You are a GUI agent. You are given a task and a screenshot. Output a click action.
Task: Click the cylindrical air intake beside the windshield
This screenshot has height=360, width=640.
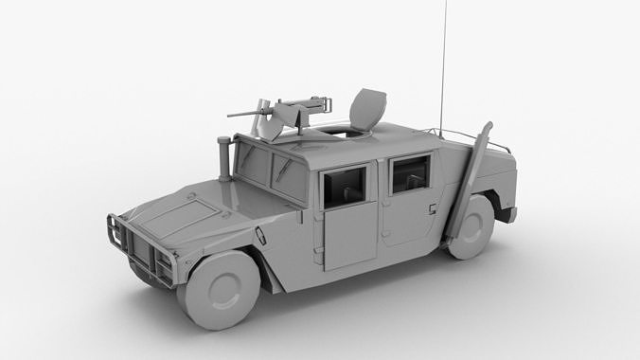click(224, 157)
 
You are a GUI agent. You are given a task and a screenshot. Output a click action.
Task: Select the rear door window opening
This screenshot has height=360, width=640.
click(409, 174)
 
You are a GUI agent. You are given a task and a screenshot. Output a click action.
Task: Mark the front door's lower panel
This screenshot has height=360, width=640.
click(349, 237)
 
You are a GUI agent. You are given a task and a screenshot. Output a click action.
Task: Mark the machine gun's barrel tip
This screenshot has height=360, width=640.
click(229, 115)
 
